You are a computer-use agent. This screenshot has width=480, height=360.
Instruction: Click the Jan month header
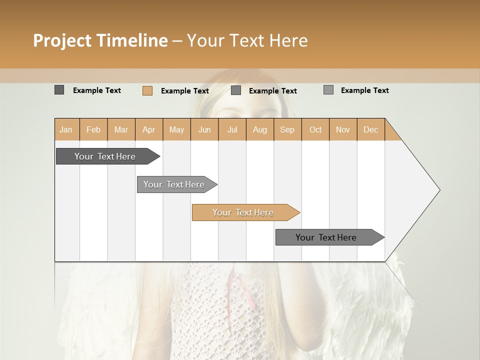coord(66,129)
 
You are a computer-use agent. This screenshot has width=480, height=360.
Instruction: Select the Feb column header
coord(93,129)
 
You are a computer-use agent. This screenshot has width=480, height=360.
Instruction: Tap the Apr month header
coord(148,129)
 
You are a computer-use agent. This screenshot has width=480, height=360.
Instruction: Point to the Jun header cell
coord(204,129)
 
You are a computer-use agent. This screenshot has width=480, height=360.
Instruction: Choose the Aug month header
coord(259,129)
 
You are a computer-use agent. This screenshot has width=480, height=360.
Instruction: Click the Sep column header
coord(287,129)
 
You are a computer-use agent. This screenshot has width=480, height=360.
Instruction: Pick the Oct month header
coord(315,129)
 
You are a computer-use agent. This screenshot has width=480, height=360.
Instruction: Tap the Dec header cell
coord(370,129)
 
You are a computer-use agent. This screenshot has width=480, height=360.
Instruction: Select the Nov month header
coord(343,129)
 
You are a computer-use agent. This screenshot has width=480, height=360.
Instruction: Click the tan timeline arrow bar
coord(243,212)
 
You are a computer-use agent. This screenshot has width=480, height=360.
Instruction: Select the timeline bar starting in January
coord(105,156)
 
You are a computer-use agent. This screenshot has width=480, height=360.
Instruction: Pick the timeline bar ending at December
coord(326,237)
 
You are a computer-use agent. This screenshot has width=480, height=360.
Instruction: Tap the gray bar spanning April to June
coord(174,184)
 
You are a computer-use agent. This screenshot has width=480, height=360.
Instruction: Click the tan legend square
coord(147,90)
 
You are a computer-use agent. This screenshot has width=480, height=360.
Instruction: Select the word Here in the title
coord(288,40)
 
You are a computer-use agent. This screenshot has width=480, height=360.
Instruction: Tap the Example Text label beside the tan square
coord(185,91)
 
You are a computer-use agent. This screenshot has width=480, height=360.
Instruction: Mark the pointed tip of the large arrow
coord(439,190)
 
